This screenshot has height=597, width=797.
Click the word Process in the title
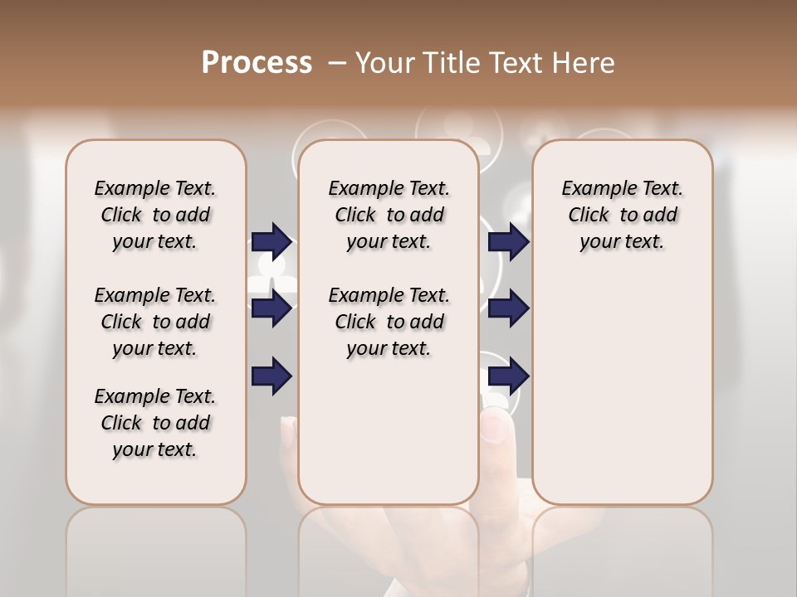257,63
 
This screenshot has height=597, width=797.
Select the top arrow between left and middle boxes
272,241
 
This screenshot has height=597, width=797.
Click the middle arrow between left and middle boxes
272,309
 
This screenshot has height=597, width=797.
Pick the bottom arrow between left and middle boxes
272,376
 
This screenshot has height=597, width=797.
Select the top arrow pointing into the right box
508,241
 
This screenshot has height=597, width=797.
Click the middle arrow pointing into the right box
508,309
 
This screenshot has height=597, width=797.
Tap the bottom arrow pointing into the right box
508,376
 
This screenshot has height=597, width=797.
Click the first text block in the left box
155,215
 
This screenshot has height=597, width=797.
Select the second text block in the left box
155,322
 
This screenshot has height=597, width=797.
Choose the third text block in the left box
155,423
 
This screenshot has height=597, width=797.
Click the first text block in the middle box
389,215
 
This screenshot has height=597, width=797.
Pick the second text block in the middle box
389,322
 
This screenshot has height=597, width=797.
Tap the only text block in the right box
623,215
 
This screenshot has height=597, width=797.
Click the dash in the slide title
337,63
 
